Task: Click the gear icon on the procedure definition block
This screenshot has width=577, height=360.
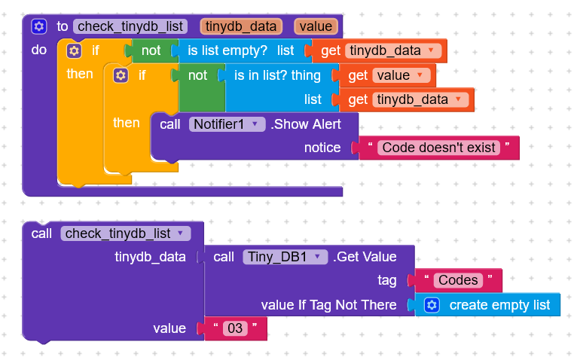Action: coord(39,26)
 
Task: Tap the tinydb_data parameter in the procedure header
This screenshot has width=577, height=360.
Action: coord(241,26)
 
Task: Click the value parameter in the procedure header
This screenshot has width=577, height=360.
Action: coord(315,26)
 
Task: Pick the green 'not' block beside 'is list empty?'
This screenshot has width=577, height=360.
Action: coord(151,51)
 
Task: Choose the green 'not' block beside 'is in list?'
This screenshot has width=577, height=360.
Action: coord(198,75)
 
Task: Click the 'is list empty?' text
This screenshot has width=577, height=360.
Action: coord(227,51)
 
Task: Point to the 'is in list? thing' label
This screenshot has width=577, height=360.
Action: coord(277,75)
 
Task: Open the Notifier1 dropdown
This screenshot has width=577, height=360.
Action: coord(227,124)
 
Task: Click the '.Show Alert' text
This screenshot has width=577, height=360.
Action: coord(306,124)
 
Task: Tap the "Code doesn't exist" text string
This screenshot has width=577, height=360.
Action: coord(438,148)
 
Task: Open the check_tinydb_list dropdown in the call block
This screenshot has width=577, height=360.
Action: coord(126,233)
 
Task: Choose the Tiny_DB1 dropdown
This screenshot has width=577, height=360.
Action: coord(285,257)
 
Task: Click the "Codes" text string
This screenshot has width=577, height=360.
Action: coord(458,281)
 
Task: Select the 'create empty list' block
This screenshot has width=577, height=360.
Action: coord(499,305)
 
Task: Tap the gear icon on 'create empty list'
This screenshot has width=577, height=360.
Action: coord(432,305)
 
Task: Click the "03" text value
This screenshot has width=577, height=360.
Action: coord(235,328)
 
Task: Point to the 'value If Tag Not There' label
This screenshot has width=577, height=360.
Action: coord(328,305)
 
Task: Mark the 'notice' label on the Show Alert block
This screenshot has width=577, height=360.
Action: coord(322,148)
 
